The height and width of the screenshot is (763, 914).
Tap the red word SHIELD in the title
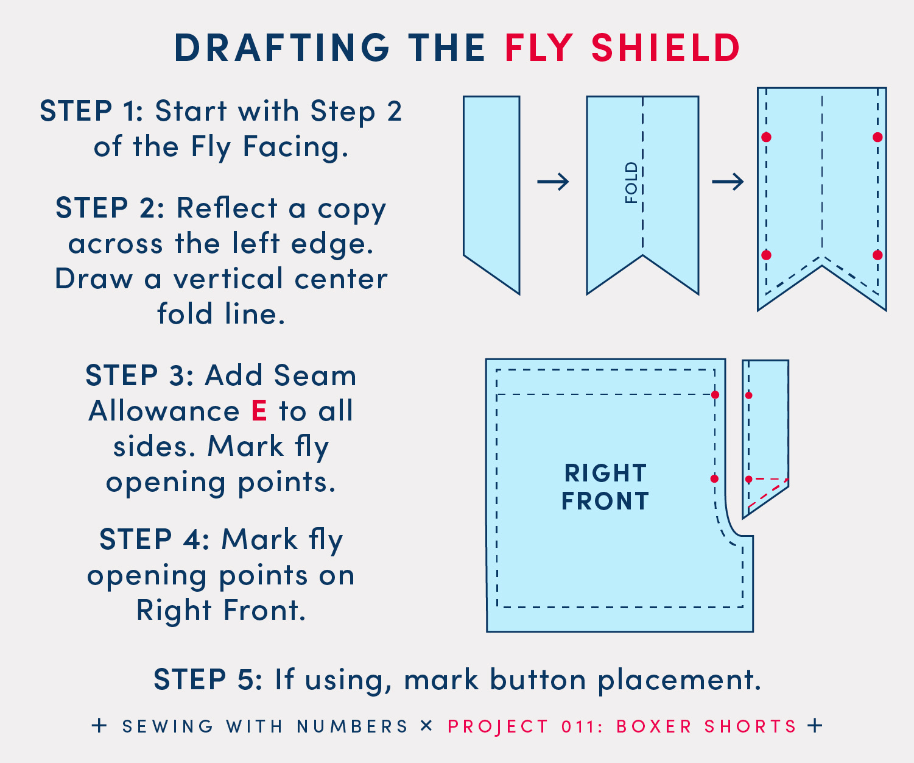click(x=666, y=48)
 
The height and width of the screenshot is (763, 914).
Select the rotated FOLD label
click(x=631, y=183)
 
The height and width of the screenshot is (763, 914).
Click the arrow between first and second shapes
click(x=554, y=182)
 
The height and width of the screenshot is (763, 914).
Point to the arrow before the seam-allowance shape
click(x=728, y=182)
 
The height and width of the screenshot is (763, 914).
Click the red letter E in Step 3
click(x=259, y=411)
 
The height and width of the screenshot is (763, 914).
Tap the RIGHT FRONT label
click(x=605, y=487)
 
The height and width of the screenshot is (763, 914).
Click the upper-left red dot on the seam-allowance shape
click(x=766, y=137)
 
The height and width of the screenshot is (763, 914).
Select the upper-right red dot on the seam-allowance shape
click(x=877, y=137)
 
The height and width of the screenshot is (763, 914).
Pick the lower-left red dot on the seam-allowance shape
click(x=766, y=255)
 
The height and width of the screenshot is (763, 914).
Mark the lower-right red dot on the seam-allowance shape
click(x=877, y=255)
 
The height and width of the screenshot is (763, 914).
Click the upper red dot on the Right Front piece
click(x=715, y=395)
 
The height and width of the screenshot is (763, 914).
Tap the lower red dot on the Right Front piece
click(x=714, y=478)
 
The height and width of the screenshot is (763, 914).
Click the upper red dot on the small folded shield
click(x=749, y=396)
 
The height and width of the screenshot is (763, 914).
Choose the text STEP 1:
click(x=91, y=111)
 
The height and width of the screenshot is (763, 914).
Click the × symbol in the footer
click(x=426, y=726)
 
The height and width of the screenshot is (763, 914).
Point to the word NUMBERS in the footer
click(x=353, y=726)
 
